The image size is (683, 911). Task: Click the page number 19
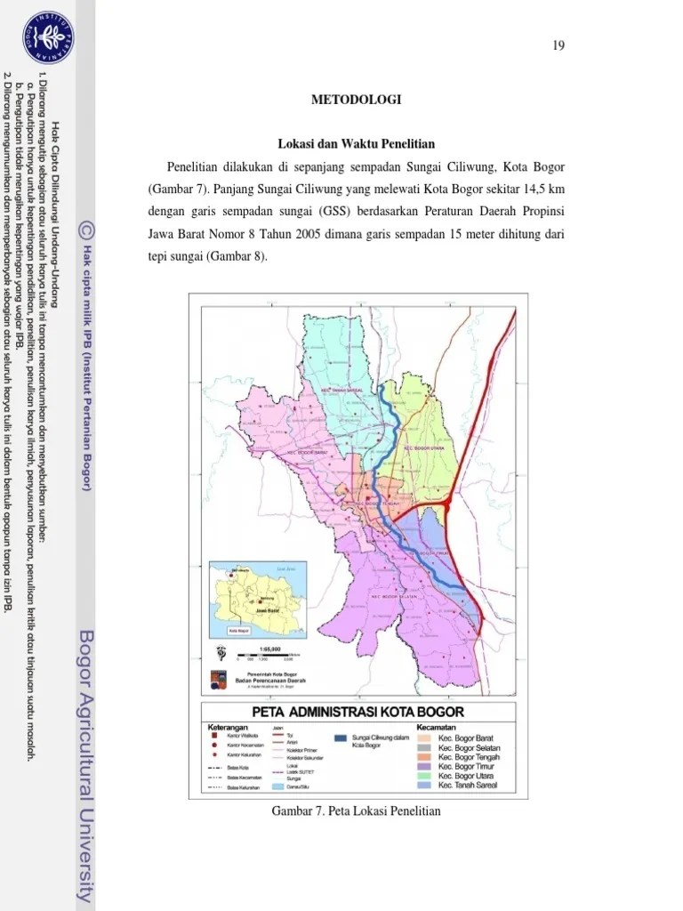(558, 46)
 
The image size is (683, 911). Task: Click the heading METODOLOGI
(356, 100)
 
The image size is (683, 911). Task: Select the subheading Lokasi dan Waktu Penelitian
(356, 144)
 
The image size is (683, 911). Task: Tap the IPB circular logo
(48, 37)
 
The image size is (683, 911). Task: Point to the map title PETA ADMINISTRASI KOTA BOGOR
(358, 713)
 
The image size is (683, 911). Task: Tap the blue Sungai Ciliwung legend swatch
(341, 738)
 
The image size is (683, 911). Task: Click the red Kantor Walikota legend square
(214, 736)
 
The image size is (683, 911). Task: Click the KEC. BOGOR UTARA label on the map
(423, 447)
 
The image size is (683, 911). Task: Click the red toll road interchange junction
(446, 508)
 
